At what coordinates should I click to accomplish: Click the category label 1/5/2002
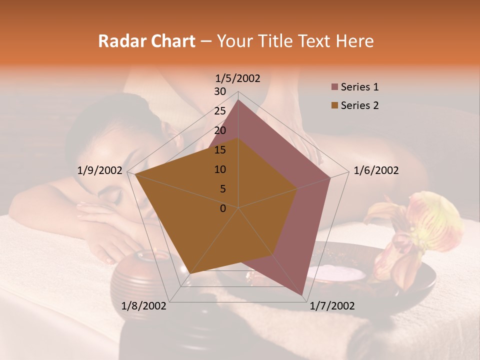[237, 78]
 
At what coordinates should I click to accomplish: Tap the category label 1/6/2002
[376, 170]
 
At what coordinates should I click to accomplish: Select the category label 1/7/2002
[332, 306]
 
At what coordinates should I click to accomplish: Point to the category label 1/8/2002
[144, 306]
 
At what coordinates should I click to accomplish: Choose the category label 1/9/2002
[99, 170]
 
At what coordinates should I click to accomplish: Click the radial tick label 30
[219, 91]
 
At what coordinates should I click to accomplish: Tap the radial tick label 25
[219, 111]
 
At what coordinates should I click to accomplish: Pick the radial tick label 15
[219, 150]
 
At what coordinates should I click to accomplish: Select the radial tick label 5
[222, 189]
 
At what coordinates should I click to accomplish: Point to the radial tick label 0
[223, 208]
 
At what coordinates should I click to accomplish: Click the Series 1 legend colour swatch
[334, 87]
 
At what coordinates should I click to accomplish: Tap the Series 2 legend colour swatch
[334, 105]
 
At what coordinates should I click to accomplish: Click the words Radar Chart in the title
[146, 41]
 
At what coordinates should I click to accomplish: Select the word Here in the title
[354, 41]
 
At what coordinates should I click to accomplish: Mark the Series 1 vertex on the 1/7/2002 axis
[302, 295]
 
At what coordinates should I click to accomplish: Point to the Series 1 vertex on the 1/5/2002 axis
[238, 100]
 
